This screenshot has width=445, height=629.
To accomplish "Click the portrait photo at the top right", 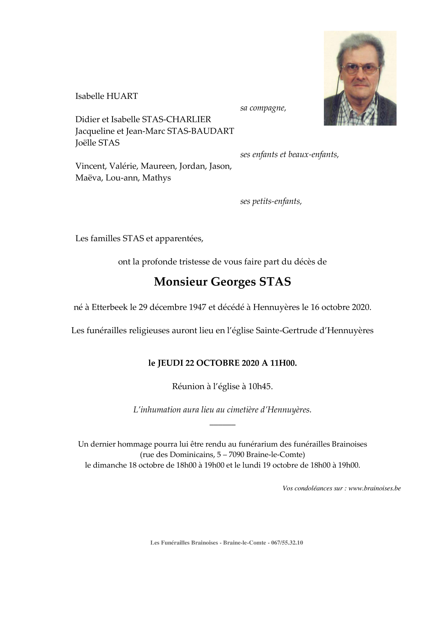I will click(x=360, y=78).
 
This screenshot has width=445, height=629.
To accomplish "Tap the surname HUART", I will click(x=122, y=96).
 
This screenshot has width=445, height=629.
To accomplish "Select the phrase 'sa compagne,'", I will click(x=263, y=108).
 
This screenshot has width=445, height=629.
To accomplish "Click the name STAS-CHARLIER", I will click(x=176, y=119).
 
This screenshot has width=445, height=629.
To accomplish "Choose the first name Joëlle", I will click(x=86, y=143).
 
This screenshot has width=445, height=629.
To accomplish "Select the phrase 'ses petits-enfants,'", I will click(x=271, y=201).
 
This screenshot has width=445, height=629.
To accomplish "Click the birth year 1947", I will click(x=198, y=307).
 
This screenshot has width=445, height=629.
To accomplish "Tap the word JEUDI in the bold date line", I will click(x=170, y=364).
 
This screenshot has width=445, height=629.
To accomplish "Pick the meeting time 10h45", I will click(x=261, y=387).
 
